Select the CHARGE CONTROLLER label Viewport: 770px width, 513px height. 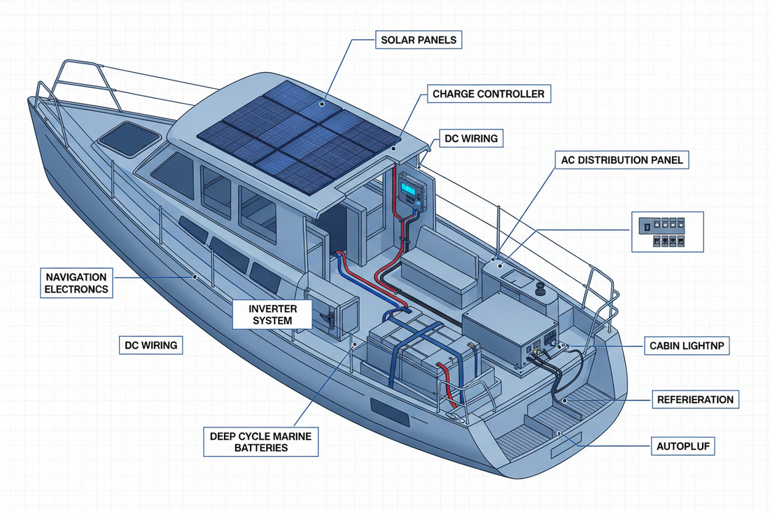click(x=488, y=93)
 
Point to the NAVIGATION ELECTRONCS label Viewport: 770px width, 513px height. click(x=76, y=283)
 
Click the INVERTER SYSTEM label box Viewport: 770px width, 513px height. click(x=273, y=315)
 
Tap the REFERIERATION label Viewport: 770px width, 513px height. click(x=695, y=400)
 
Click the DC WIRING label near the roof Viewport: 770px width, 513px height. click(x=471, y=139)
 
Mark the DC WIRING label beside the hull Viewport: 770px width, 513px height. click(x=150, y=344)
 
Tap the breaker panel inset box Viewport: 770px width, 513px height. click(x=667, y=232)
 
